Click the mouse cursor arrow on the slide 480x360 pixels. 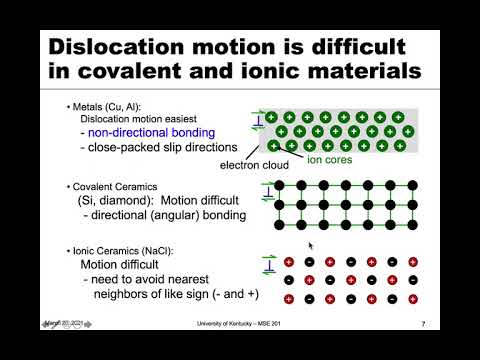coord(311,244)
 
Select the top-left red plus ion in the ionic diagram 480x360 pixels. coord(290,262)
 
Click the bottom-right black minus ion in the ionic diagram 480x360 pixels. coord(412,299)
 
